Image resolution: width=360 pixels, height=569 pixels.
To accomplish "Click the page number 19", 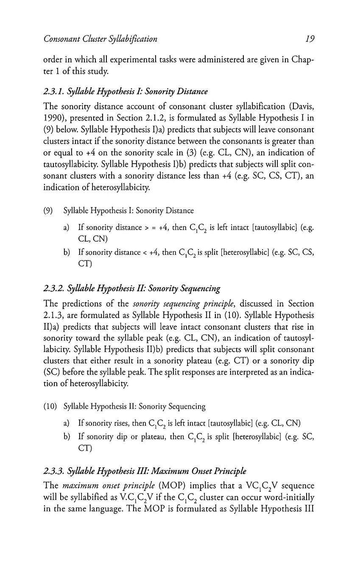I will [x=309, y=39].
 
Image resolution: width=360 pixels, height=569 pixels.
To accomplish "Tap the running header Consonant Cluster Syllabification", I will [x=100, y=39].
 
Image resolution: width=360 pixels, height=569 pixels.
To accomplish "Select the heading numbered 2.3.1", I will [x=126, y=91].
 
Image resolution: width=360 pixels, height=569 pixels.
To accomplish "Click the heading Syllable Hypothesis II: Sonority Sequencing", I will [x=132, y=289].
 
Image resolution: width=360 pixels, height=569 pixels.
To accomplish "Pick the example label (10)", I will [x=50, y=406].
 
